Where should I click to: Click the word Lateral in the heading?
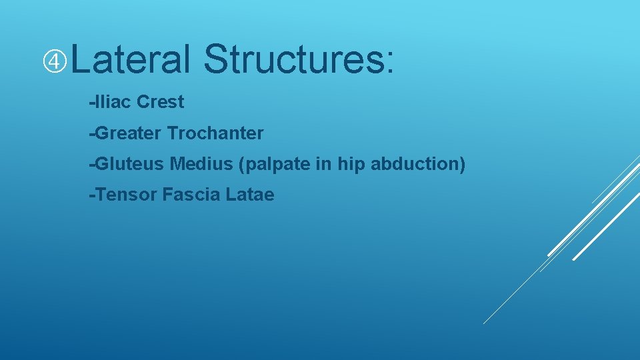pyautogui.click(x=131, y=59)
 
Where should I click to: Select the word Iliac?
pyautogui.click(x=113, y=102)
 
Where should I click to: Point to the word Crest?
pyautogui.click(x=160, y=102)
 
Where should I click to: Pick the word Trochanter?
pyautogui.click(x=215, y=133)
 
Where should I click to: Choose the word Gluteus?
pyautogui.click(x=130, y=164)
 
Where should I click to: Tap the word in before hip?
pyautogui.click(x=323, y=164)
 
